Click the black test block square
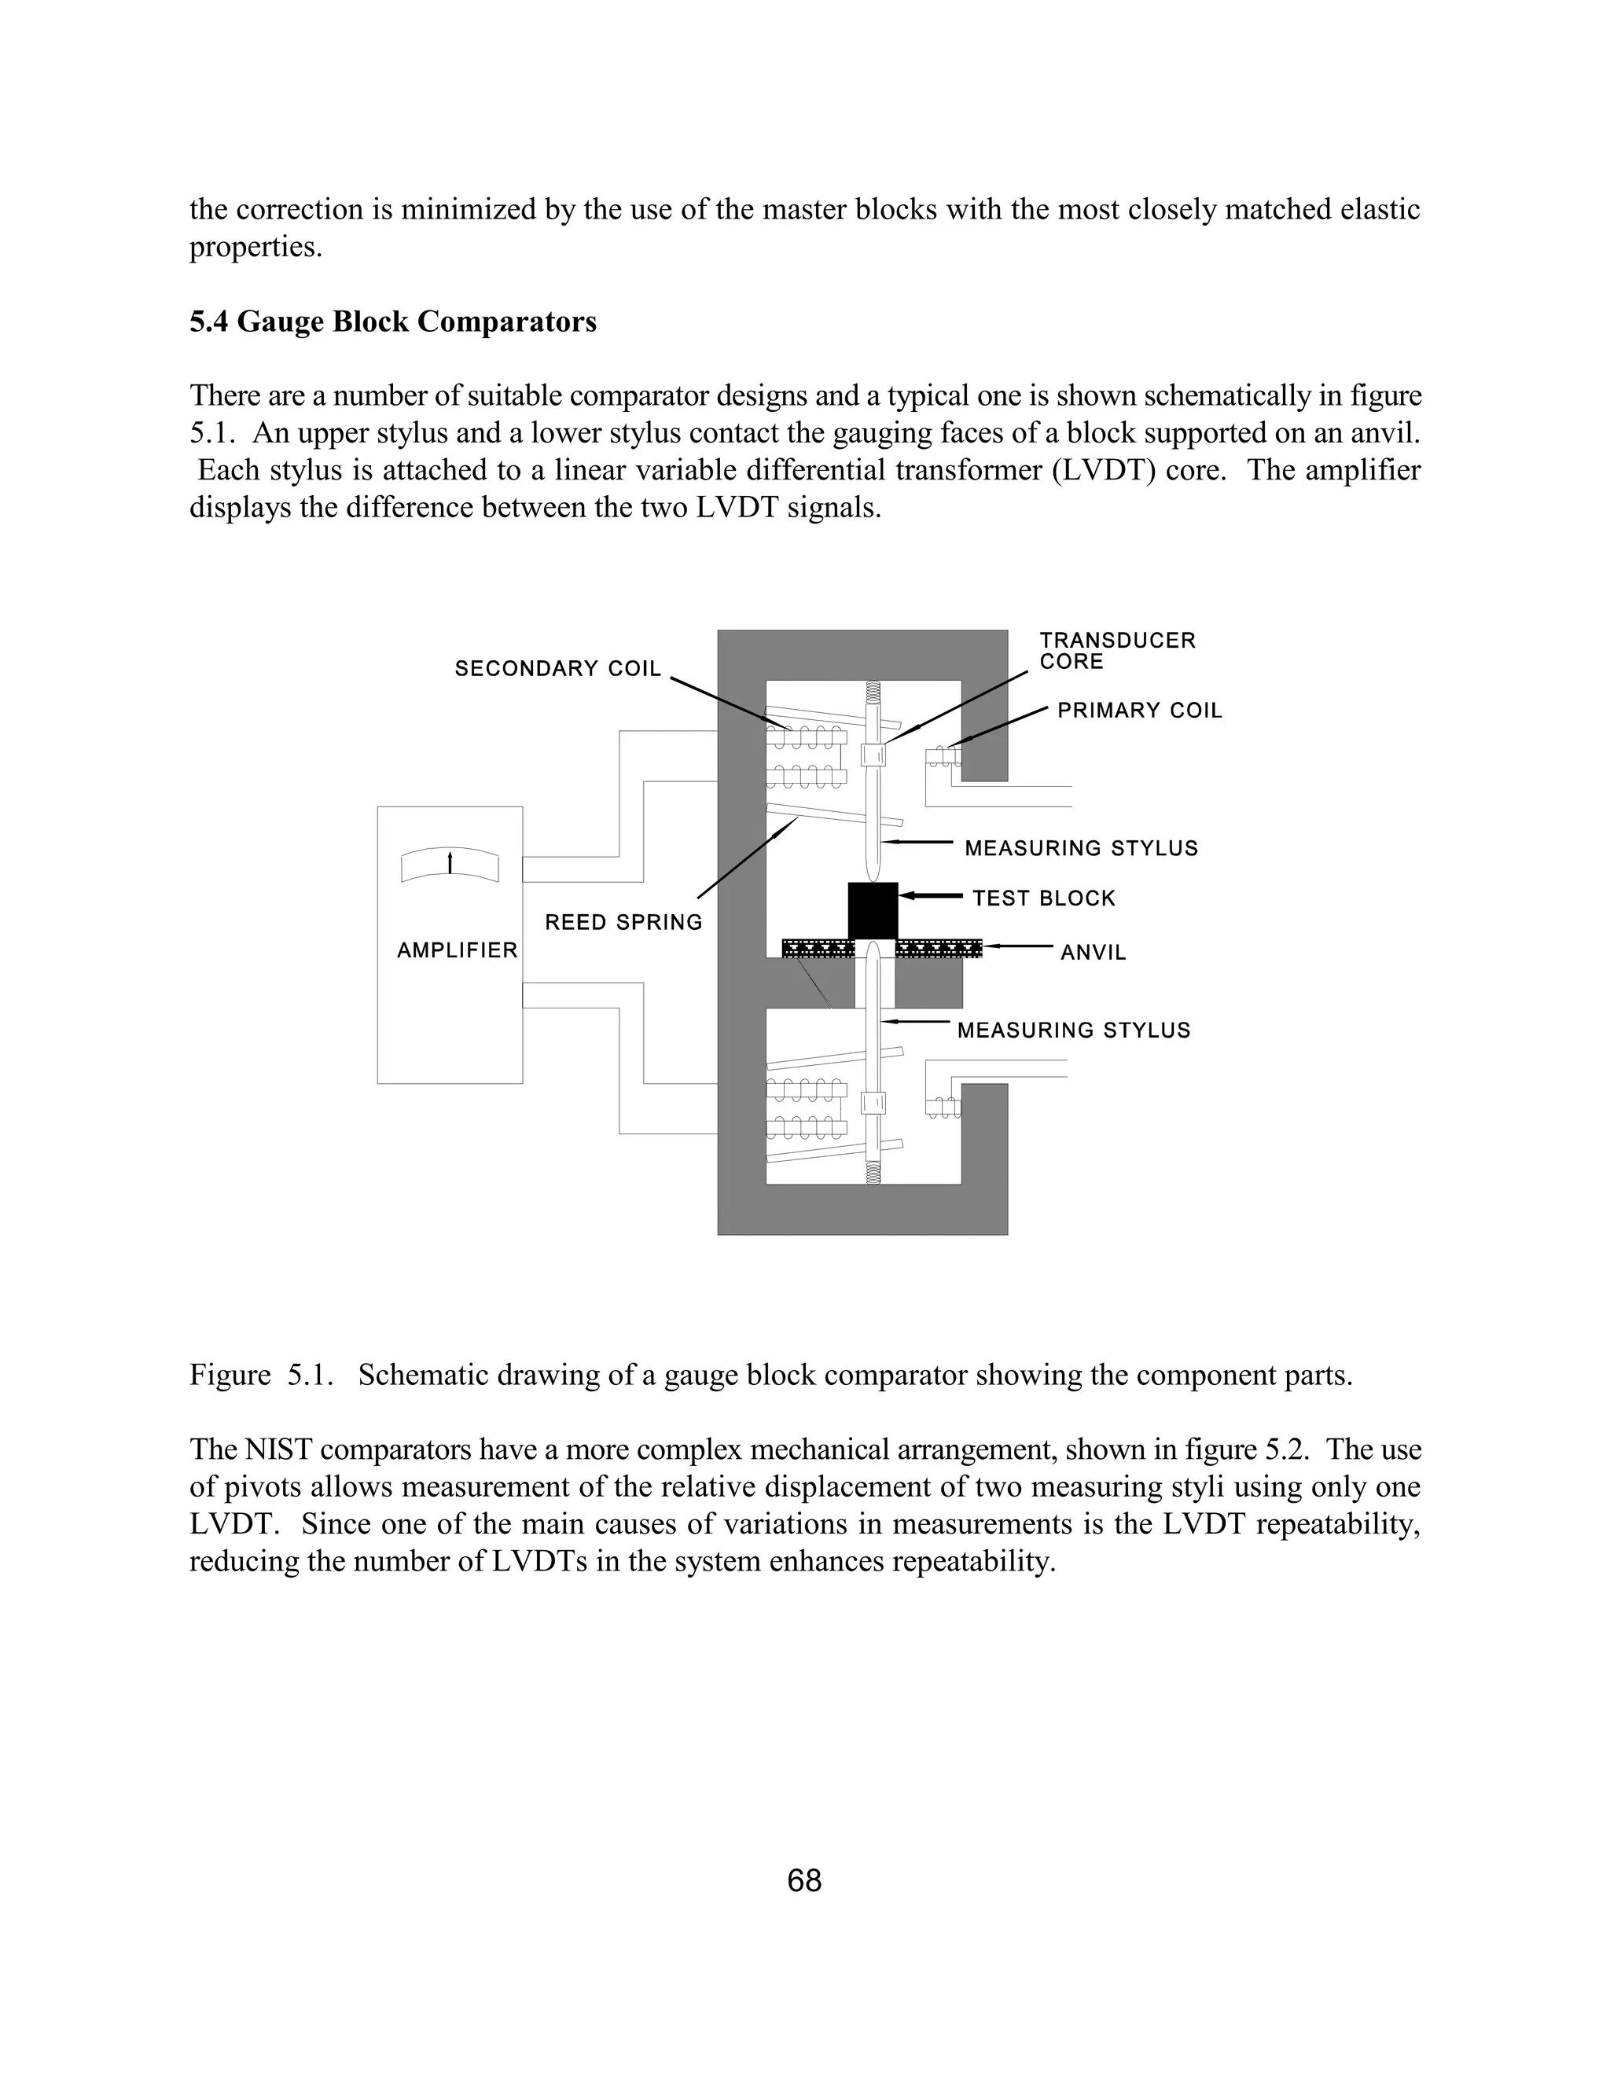click(x=873, y=910)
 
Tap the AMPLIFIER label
click(x=457, y=950)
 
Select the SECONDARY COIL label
click(x=558, y=669)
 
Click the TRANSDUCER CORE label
click(x=1117, y=651)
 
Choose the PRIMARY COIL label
click(x=1140, y=711)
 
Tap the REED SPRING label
click(x=623, y=922)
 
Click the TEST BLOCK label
click(x=1043, y=898)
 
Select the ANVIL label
click(x=1093, y=952)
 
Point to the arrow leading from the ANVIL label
click(x=1019, y=946)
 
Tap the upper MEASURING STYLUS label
click(x=1081, y=848)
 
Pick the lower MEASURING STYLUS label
click(x=1074, y=1030)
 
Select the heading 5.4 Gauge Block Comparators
click(x=393, y=321)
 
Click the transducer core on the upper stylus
click(x=873, y=755)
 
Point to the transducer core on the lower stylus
click(x=873, y=1103)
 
